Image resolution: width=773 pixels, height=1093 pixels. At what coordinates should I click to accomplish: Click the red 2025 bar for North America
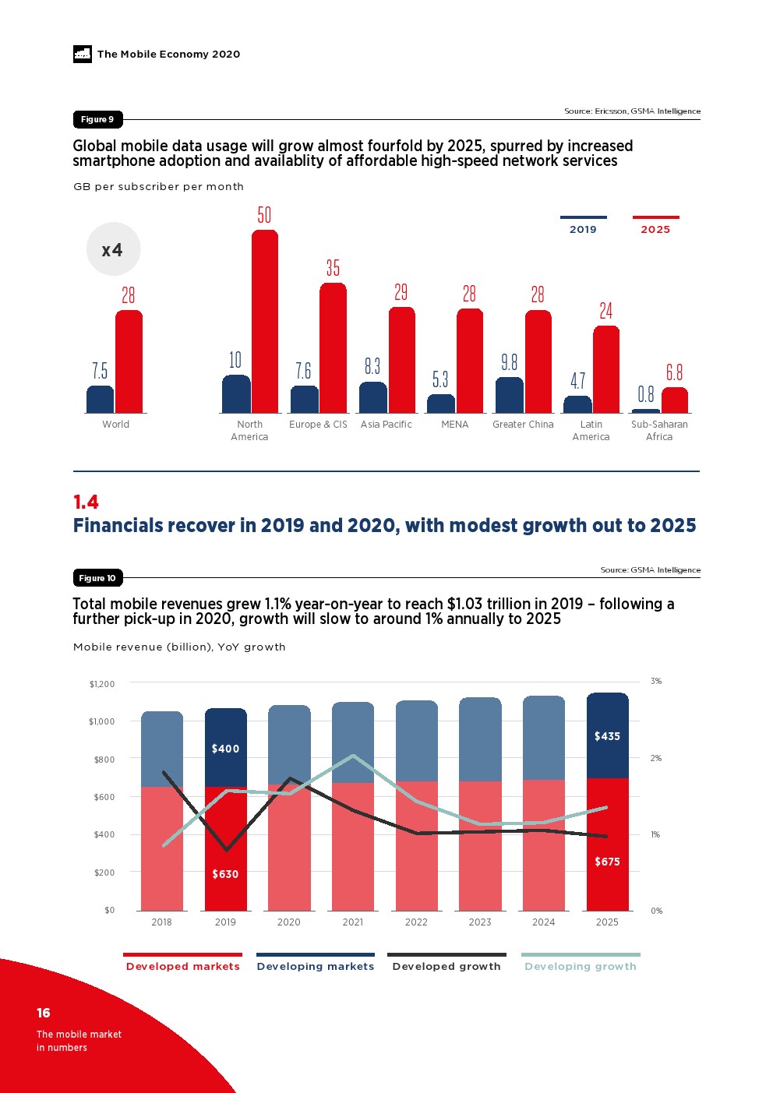coord(265,321)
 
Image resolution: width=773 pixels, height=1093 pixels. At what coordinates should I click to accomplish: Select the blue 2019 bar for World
coord(100,400)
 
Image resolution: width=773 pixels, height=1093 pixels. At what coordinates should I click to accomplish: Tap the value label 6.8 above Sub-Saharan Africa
coord(674,372)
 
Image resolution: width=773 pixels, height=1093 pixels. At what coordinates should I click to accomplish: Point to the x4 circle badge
coord(113,249)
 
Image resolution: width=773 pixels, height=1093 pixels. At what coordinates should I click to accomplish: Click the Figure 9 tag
coord(97,119)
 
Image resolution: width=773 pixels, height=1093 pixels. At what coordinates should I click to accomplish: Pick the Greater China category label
coord(523,425)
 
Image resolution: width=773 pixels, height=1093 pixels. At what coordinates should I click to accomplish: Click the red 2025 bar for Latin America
coord(606,369)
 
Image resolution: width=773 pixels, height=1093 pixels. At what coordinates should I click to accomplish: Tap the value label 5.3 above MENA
coord(440,379)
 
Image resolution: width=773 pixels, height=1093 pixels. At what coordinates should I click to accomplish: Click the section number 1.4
coord(86,502)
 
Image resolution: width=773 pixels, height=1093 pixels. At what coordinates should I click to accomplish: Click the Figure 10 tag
coord(97,578)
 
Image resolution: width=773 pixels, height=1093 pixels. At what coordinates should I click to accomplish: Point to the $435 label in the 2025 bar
coord(607,736)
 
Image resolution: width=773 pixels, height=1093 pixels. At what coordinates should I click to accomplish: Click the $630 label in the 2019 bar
coord(225,874)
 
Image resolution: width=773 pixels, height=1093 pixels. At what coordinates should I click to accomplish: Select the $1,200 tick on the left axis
coord(102,684)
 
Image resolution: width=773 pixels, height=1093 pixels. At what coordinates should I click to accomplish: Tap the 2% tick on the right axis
coord(656,758)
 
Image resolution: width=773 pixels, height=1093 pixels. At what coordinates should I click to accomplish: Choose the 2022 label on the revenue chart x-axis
coord(416,922)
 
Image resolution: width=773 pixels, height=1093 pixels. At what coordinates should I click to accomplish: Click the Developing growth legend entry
coord(581,966)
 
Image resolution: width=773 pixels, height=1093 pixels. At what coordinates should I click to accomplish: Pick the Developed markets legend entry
coord(183,966)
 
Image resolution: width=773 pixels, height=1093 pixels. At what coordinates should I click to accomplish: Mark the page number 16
coord(44,1013)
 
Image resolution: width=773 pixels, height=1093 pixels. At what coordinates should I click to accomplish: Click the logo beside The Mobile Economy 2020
coord(83,54)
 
